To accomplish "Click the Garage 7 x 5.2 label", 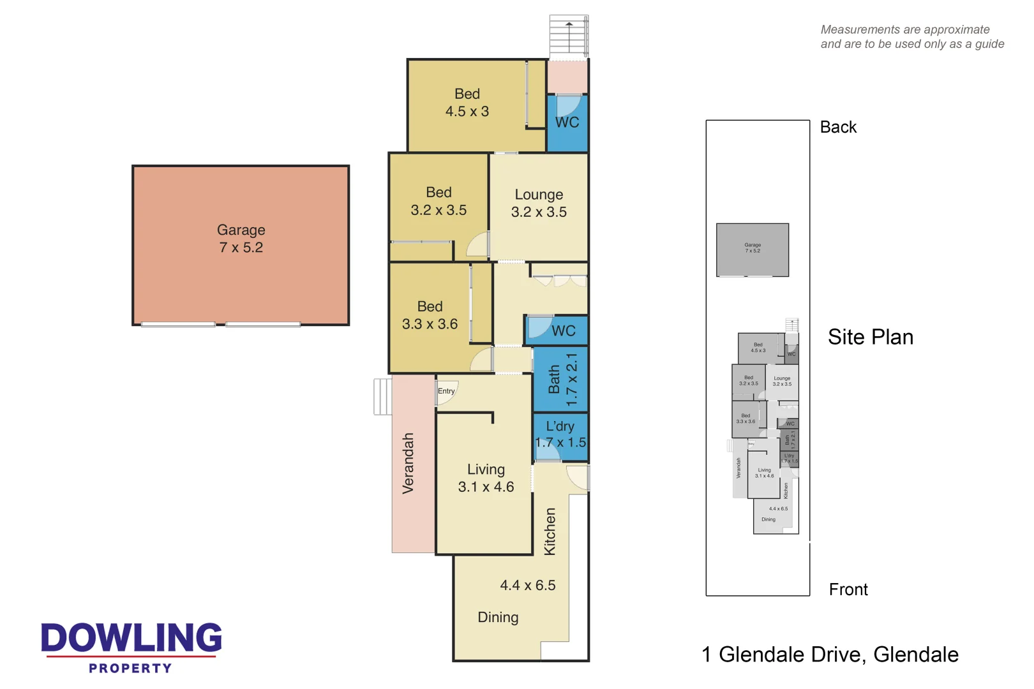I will pyautogui.click(x=241, y=239).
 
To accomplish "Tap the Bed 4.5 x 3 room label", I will pyautogui.click(x=467, y=103).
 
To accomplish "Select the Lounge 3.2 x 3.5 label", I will pyautogui.click(x=539, y=203).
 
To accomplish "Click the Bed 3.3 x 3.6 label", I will pyautogui.click(x=430, y=315).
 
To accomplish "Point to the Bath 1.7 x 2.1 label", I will pyautogui.click(x=563, y=380).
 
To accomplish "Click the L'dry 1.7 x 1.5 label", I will pyautogui.click(x=560, y=434).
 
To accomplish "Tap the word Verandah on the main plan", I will pyautogui.click(x=408, y=463).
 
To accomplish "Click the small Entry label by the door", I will pyautogui.click(x=446, y=391).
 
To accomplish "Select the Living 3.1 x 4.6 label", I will pyautogui.click(x=486, y=478).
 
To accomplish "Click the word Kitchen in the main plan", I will pyautogui.click(x=550, y=531).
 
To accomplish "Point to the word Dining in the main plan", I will pyautogui.click(x=498, y=617).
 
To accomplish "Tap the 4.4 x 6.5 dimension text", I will pyautogui.click(x=527, y=585).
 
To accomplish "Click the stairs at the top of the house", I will pyautogui.click(x=568, y=37).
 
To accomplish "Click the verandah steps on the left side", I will pyautogui.click(x=382, y=397).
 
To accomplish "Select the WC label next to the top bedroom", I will pyautogui.click(x=567, y=122).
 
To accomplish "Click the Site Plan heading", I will pyautogui.click(x=870, y=337).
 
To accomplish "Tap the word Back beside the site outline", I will pyautogui.click(x=837, y=127).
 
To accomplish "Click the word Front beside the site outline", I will pyautogui.click(x=848, y=589).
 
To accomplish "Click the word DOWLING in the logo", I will pyautogui.click(x=131, y=638).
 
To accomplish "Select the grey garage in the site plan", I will pyautogui.click(x=752, y=249).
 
